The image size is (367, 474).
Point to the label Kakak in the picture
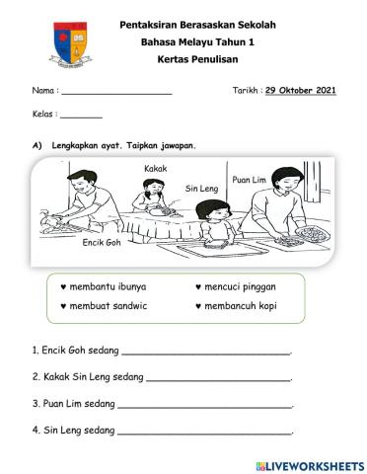155,170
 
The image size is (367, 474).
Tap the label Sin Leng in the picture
199,187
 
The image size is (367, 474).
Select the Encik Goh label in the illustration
100,242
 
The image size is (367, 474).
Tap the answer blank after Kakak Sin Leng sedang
218,378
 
